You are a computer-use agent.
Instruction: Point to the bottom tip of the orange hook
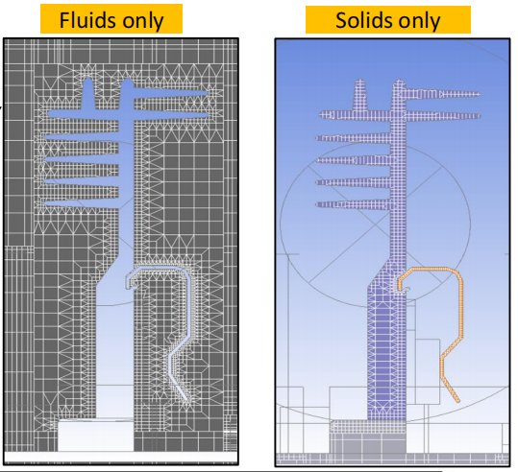tap(457, 400)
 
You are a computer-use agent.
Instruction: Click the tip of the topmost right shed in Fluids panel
tap(207, 93)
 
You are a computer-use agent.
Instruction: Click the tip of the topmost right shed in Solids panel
tap(479, 94)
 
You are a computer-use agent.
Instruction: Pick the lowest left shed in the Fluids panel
tap(82, 203)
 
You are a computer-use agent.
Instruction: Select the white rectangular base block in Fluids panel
tap(96, 436)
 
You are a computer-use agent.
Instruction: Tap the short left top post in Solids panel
tap(360, 95)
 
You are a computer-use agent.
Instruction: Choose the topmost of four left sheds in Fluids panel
tap(82, 136)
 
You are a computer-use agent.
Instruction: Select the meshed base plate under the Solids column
tap(368, 427)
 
